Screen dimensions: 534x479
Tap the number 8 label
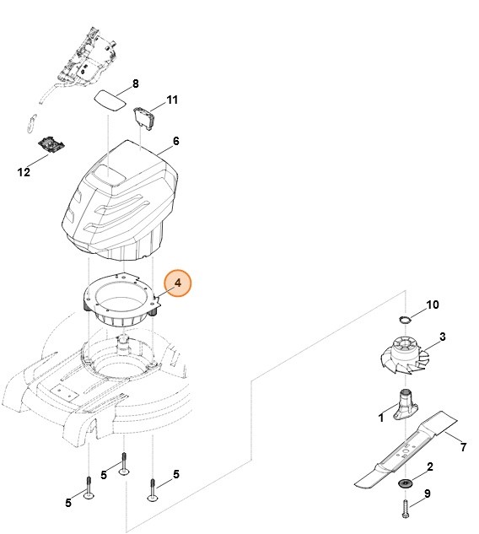coord(135,84)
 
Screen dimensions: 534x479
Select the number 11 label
coord(172,100)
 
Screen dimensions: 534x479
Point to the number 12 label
coord(24,172)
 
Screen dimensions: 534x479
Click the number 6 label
coord(175,141)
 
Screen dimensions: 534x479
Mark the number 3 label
coord(442,337)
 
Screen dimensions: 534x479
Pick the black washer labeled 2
coord(404,482)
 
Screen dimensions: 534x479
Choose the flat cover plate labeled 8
coord(109,99)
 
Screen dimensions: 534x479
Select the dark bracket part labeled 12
coord(52,145)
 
